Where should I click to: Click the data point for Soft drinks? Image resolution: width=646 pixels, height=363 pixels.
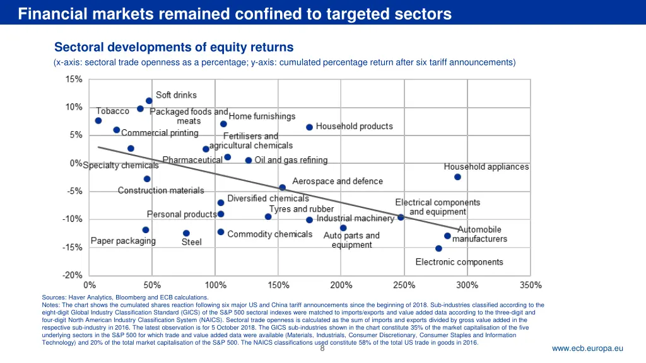tap(149, 101)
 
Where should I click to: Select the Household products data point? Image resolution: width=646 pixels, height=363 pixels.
tap(309, 127)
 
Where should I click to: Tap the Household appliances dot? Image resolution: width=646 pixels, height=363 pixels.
tap(457, 177)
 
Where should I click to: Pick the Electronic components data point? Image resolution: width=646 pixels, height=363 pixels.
tap(438, 248)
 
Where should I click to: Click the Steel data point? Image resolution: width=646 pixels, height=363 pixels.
tap(186, 233)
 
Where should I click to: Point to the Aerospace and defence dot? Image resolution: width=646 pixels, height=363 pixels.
tap(282, 187)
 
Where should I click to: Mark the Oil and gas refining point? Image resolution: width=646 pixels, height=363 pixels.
tap(249, 161)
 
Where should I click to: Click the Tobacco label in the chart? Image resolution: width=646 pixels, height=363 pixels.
tap(112, 111)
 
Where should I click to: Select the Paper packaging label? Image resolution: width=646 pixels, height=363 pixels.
tap(123, 241)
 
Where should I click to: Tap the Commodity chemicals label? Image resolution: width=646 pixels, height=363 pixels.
tap(269, 234)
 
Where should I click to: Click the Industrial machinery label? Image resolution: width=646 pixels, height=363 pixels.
tap(355, 219)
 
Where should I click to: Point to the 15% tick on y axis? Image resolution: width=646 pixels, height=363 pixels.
tap(74, 79)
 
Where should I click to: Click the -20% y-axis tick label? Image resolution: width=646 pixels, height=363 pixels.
tap(73, 275)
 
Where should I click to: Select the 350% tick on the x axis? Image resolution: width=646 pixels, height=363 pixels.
tap(530, 285)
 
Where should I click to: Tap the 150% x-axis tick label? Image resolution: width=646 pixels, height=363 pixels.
tap(279, 285)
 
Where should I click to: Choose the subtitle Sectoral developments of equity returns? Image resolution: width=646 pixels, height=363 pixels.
tap(173, 47)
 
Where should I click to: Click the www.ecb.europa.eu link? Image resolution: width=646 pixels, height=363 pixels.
tap(587, 349)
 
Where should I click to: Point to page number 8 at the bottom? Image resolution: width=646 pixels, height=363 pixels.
tap(322, 349)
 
